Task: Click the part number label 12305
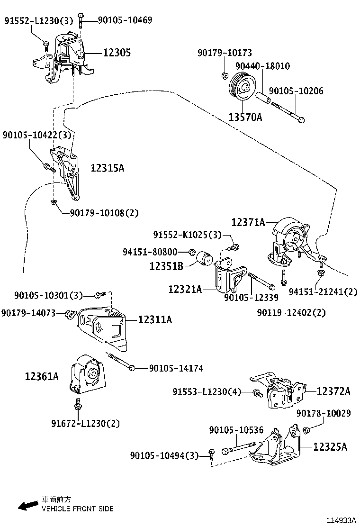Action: coord(117,53)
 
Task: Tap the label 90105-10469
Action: coord(125,20)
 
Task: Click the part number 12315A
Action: coord(107,168)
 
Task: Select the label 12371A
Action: coord(248,221)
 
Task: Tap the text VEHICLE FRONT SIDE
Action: coord(77,509)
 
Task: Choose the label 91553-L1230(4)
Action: coord(207,392)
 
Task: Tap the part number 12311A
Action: coord(155,320)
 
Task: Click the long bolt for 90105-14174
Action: coord(121,362)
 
